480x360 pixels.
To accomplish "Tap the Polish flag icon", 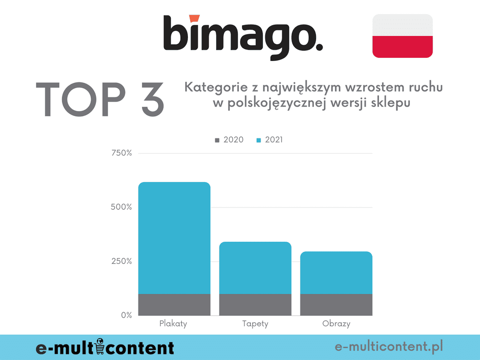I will pos(402,36).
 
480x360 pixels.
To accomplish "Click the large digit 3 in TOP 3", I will pos(144,99).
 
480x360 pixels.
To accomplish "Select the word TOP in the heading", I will pos(80,99).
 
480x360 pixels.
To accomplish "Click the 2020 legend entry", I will pos(229,140).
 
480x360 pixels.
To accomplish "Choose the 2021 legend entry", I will pos(270,140).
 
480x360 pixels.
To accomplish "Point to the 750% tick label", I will pos(121,153).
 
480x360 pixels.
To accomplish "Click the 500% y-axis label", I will pos(121,207).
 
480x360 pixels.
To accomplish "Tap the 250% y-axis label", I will pos(121,261).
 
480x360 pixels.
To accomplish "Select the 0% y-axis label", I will pos(126,315).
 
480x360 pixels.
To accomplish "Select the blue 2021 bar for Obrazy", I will pos(336,273).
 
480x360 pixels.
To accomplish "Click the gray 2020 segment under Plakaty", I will pos(174,304).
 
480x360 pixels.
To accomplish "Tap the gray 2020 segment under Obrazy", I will pos(336,304).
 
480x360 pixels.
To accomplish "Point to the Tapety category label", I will pos(255,324).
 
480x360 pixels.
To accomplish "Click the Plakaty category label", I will pos(173,324).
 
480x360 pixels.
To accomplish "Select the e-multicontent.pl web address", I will pos(389,347).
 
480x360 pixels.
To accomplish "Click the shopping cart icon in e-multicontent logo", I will pos(101,346).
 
